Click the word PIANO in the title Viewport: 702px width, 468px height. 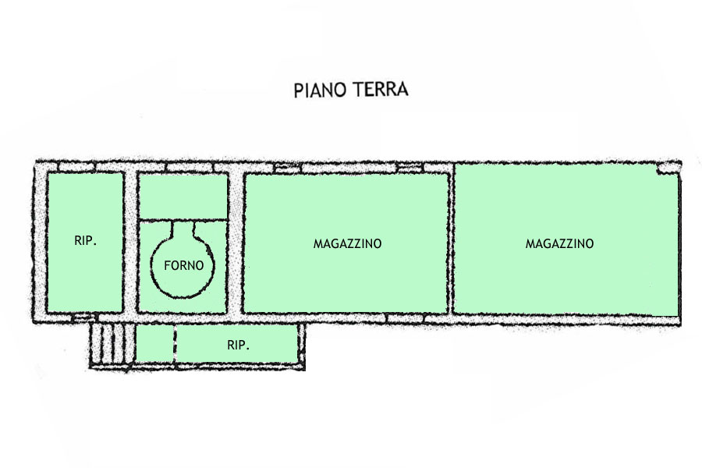click(320, 90)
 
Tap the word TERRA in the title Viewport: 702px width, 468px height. click(380, 89)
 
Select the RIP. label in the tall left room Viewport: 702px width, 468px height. click(85, 240)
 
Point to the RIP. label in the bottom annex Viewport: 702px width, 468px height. click(238, 345)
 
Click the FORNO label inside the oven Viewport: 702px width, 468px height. click(183, 265)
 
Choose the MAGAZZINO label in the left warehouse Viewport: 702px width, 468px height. click(347, 243)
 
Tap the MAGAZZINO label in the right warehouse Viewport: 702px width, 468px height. click(559, 243)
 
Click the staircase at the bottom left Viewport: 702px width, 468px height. click(112, 344)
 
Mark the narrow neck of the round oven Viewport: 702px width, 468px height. click(183, 229)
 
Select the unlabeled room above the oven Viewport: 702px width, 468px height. click(183, 196)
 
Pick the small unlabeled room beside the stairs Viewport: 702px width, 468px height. click(154, 343)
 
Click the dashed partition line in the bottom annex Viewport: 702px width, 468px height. click(175, 343)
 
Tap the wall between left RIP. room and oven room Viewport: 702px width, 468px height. click(130, 242)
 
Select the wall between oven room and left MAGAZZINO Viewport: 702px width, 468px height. click(236, 242)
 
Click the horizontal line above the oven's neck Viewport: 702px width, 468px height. click(183, 219)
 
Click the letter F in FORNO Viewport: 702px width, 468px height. click(167, 265)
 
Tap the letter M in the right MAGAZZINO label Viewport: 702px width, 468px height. click(530, 243)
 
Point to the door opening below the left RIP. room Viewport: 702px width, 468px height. click(83, 317)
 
